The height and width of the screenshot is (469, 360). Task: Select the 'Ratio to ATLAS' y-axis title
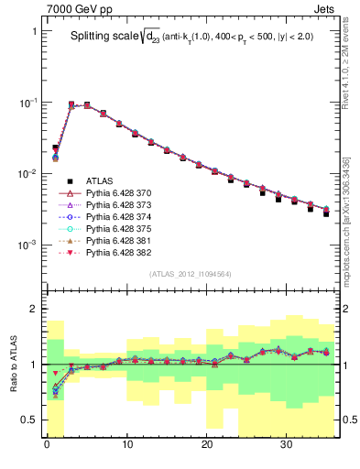(13, 365)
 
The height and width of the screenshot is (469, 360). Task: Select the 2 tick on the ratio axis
(36, 309)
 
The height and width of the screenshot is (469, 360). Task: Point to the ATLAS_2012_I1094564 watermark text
(191, 274)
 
